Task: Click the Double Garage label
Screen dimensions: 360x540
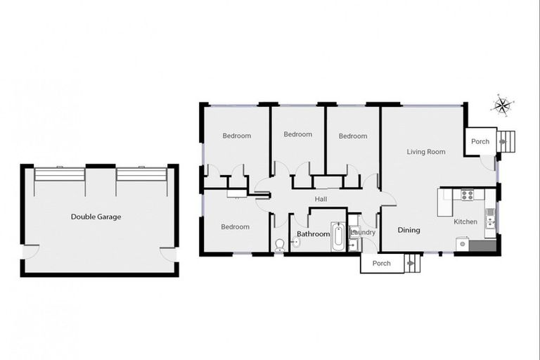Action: point(96,217)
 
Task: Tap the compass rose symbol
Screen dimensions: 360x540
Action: point(503,105)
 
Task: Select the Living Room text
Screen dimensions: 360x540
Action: point(426,151)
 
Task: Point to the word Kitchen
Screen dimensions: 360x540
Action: point(465,221)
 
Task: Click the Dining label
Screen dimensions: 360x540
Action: point(409,230)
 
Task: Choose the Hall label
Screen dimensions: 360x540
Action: point(321,199)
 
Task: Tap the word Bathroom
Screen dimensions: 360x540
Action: point(313,233)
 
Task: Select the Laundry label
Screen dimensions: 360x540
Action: point(363,232)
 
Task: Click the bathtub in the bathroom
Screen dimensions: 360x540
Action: point(337,238)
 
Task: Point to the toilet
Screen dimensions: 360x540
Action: point(279,244)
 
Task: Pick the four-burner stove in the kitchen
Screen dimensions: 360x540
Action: point(467,195)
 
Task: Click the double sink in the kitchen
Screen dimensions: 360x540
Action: point(491,217)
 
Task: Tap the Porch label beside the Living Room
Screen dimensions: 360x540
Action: point(480,141)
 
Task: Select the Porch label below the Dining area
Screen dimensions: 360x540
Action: point(381,264)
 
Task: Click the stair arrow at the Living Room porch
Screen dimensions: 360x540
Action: point(503,141)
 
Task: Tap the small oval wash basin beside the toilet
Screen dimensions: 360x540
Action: point(296,243)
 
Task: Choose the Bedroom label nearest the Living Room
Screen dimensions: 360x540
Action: point(353,136)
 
